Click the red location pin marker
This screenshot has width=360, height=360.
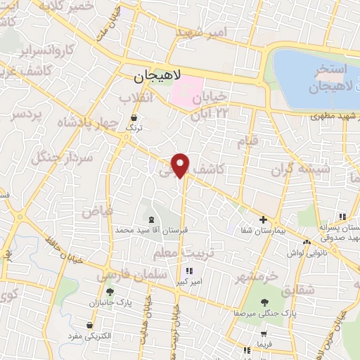[181, 165]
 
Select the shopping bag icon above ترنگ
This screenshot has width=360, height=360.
[134, 117]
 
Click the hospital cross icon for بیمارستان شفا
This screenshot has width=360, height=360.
[264, 219]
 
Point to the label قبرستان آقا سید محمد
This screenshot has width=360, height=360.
[151, 230]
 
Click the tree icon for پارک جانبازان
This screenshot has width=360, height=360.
[109, 292]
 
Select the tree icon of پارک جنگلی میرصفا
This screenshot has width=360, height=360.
[264, 302]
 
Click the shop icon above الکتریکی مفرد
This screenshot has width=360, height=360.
[90, 326]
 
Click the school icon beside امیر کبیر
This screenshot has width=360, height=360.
[189, 271]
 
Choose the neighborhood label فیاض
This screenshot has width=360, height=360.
[97, 210]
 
